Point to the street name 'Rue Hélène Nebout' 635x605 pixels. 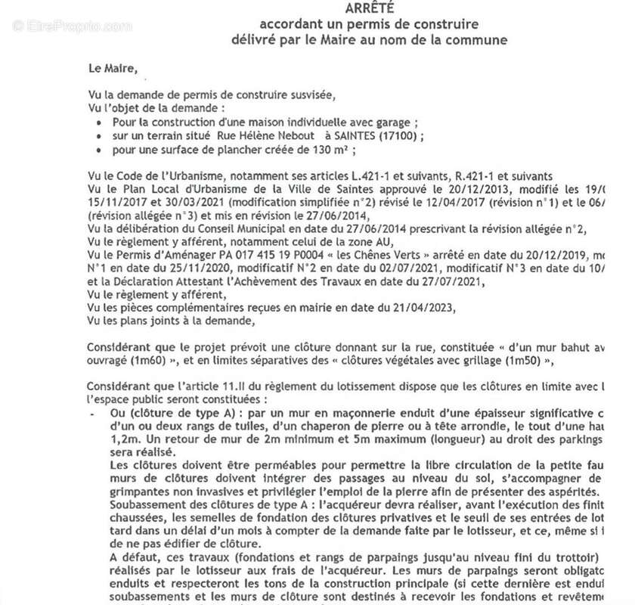262,136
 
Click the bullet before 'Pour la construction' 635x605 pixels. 101,122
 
